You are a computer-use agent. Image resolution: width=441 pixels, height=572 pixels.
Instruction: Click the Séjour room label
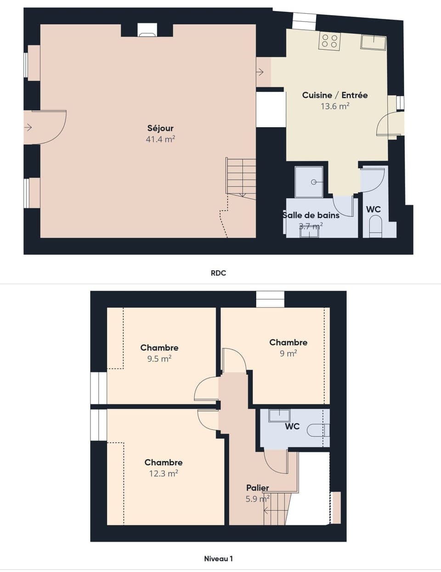[160, 128]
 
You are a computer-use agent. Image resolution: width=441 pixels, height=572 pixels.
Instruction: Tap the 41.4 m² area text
[160, 139]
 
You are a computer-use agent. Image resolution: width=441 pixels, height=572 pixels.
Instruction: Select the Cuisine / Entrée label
[335, 95]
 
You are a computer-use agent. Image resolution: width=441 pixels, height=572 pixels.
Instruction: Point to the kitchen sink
[373, 42]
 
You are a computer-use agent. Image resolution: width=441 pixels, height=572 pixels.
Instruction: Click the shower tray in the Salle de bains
[311, 182]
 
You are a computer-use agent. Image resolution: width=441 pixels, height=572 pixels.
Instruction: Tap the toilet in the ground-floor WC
[375, 228]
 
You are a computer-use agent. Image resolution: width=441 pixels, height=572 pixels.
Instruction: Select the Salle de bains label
[311, 215]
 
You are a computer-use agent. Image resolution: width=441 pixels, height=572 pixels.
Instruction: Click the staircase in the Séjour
[240, 177]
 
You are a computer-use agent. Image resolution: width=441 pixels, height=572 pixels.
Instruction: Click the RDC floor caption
[219, 273]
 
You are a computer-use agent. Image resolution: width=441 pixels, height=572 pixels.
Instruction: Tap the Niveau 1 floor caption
[219, 559]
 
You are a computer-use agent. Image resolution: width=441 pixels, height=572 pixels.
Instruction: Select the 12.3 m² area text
[164, 473]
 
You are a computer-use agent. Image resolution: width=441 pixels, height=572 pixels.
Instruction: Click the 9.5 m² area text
[159, 359]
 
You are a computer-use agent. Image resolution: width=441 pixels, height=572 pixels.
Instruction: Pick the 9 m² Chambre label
[288, 343]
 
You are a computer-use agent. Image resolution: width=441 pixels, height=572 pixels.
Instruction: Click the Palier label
[257, 488]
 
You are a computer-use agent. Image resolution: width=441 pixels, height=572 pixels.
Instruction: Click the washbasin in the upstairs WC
[279, 416]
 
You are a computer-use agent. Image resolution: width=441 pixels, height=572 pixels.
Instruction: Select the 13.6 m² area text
[335, 106]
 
